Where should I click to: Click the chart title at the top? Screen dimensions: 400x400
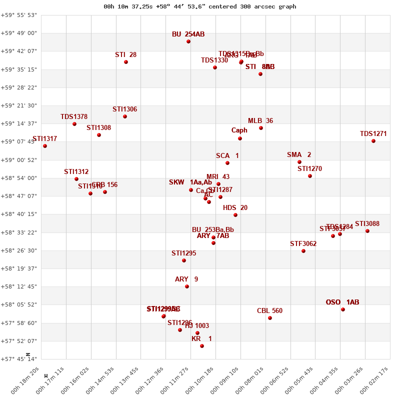point(200,6)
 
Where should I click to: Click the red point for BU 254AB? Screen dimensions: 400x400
point(188,41)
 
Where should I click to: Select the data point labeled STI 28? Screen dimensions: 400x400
point(126,62)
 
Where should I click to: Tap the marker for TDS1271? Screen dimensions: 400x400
point(373,141)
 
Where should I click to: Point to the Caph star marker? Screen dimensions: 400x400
point(240,138)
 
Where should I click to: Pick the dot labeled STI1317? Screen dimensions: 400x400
point(45,146)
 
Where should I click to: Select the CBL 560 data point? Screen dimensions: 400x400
point(270,318)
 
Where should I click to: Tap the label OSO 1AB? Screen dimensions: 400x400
point(342,302)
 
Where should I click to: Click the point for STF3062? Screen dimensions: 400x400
point(303,251)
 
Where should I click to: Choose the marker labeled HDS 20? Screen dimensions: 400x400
point(235,215)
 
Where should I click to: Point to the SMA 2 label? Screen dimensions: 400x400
point(299,155)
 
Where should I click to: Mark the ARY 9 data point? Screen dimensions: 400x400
point(187,286)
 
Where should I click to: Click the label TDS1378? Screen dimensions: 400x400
point(74,117)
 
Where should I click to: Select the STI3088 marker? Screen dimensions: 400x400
point(367,231)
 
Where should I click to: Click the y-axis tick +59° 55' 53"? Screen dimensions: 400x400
point(18,15)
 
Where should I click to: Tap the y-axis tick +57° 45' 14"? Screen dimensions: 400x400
point(18,359)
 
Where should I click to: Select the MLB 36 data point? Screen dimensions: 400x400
point(261,128)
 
